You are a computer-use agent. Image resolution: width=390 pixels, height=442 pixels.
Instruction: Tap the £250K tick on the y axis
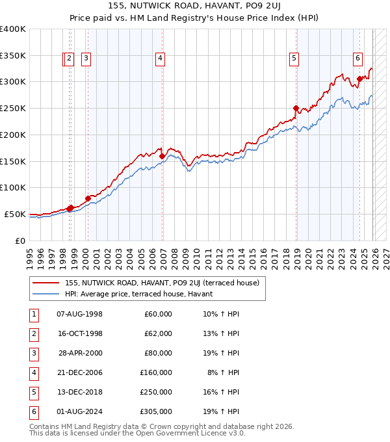click(x=13, y=108)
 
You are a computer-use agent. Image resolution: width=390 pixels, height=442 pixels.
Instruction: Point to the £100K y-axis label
click(x=13, y=187)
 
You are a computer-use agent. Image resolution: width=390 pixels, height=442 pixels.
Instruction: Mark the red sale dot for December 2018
click(x=296, y=109)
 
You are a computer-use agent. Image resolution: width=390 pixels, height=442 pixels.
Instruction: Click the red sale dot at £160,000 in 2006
click(x=162, y=156)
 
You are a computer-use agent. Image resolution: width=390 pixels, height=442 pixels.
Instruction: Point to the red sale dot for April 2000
click(x=88, y=198)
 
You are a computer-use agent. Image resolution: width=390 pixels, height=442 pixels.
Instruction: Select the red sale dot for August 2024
click(x=359, y=79)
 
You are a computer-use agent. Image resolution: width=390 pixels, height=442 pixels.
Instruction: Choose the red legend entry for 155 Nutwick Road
click(x=162, y=283)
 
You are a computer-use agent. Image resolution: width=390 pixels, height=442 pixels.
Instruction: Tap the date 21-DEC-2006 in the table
click(x=80, y=372)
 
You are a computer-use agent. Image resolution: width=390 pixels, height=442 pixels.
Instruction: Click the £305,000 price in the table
click(x=156, y=411)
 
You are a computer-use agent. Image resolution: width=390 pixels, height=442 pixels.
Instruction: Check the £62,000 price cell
click(x=158, y=333)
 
